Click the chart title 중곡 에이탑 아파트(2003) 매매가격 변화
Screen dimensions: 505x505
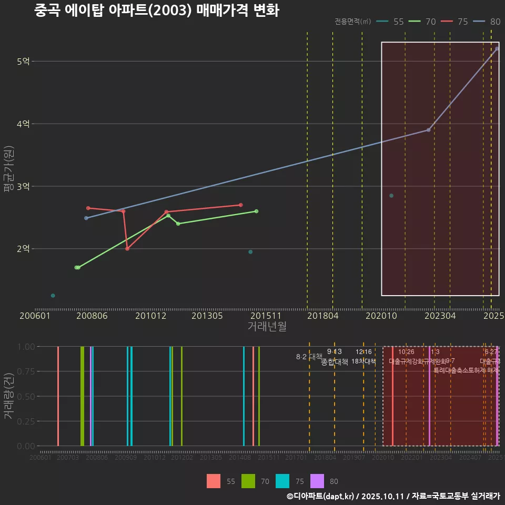pos(156,11)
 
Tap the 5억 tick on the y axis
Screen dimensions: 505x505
pos(23,62)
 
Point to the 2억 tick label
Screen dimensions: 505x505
pos(23,249)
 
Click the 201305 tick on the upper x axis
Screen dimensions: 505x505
pos(206,316)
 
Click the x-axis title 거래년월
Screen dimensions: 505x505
pos(267,326)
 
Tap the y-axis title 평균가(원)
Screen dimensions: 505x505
pos(8,171)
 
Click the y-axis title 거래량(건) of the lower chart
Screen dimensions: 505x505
pos(8,396)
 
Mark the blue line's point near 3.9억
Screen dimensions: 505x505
pos(428,130)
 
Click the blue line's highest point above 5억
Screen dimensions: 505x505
pos(497,48)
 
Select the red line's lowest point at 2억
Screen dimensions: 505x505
pos(127,249)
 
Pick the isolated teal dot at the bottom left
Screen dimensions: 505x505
pos(53,296)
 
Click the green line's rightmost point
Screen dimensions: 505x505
pos(256,211)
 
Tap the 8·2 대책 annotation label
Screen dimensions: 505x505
pos(309,357)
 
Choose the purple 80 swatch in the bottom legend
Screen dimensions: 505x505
pos(317,481)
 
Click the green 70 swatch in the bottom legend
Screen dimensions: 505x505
pos(248,481)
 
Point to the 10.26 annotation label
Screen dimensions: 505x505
pos(406,352)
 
